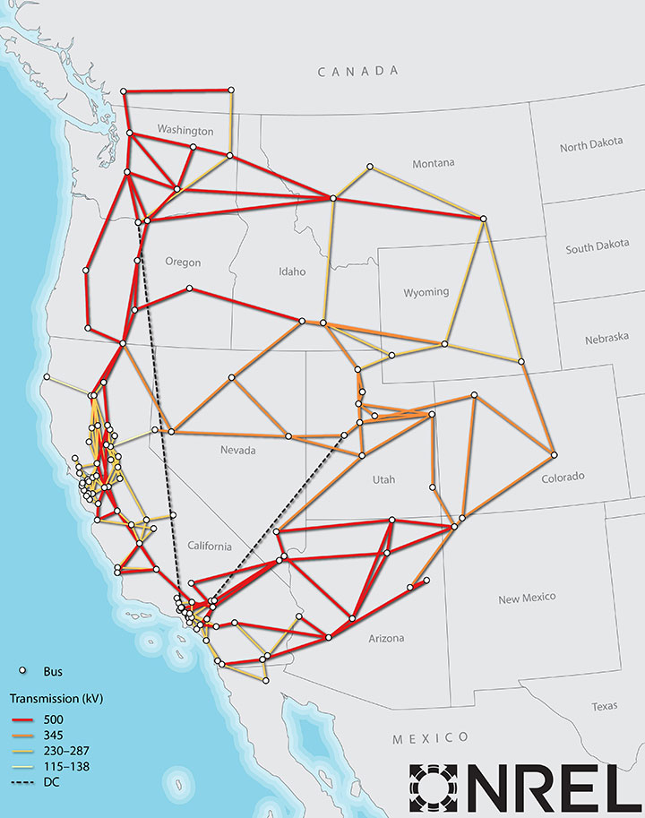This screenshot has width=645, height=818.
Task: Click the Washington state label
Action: click(x=185, y=131)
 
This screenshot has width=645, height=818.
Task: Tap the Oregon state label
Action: click(x=183, y=263)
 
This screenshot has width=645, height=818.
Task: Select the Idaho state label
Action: click(x=292, y=271)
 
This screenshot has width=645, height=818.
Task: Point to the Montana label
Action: click(x=434, y=163)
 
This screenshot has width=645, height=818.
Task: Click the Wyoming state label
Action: click(x=426, y=292)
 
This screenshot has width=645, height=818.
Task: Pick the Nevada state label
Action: click(x=238, y=450)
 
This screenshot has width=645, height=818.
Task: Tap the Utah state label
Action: click(x=383, y=480)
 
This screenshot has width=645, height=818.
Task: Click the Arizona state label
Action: click(x=386, y=638)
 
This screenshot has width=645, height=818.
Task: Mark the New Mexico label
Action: click(x=527, y=597)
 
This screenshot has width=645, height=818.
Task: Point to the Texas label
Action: click(x=604, y=706)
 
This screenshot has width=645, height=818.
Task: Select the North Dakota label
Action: click(x=591, y=147)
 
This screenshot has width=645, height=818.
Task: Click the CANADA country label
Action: click(x=357, y=71)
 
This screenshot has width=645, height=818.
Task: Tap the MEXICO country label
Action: click(x=430, y=737)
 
